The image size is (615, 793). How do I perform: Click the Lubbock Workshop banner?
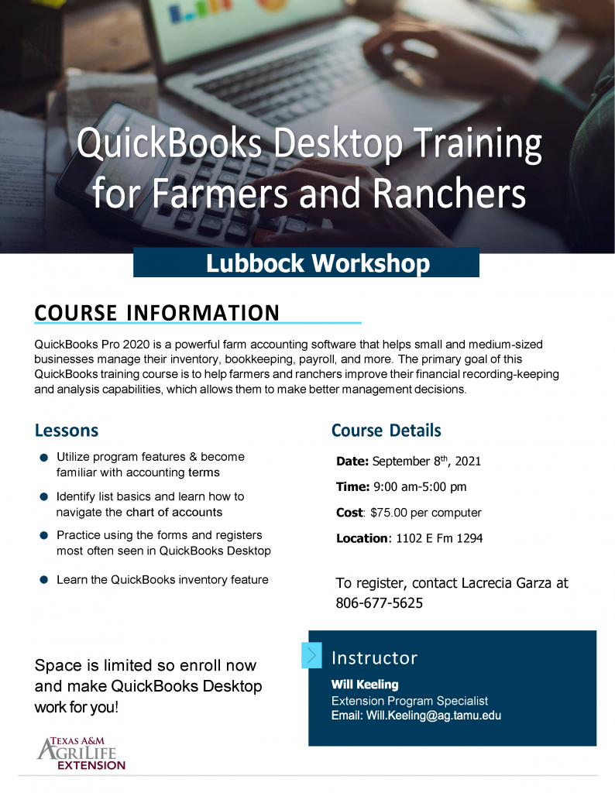pos(306,263)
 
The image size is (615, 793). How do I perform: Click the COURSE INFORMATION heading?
pos(156,313)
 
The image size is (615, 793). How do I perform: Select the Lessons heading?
pos(67,431)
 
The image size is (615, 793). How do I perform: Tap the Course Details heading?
pos(386,431)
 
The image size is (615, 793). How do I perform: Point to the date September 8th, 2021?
pos(426,462)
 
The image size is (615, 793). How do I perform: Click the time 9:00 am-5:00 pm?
pos(420,486)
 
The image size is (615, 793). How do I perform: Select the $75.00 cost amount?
pos(388,513)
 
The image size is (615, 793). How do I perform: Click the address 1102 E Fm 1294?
pos(439,538)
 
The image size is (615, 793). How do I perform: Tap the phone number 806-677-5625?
pos(379,602)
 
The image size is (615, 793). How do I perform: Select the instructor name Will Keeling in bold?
pos(365,685)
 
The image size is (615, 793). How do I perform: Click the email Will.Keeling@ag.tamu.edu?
pos(434,716)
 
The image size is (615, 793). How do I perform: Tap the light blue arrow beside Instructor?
pos(311,655)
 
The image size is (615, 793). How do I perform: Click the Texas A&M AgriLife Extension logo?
pos(81,754)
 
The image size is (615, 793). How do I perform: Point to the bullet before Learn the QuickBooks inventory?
pos(44,579)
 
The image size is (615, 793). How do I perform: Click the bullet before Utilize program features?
pos(44,457)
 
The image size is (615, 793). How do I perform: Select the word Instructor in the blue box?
pos(374,657)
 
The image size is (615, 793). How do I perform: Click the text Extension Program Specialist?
pos(410,700)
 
